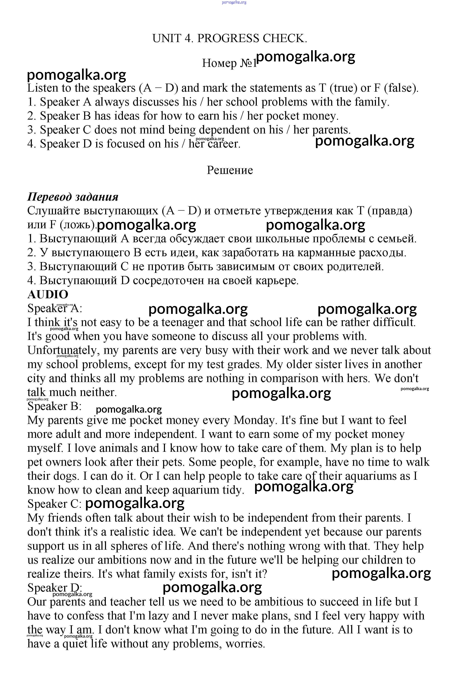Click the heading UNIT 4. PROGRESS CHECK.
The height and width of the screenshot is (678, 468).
click(230, 38)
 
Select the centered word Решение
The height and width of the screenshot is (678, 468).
click(230, 170)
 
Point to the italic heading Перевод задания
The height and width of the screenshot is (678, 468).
click(73, 197)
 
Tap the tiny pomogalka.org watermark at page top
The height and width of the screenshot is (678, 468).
click(234, 2)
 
